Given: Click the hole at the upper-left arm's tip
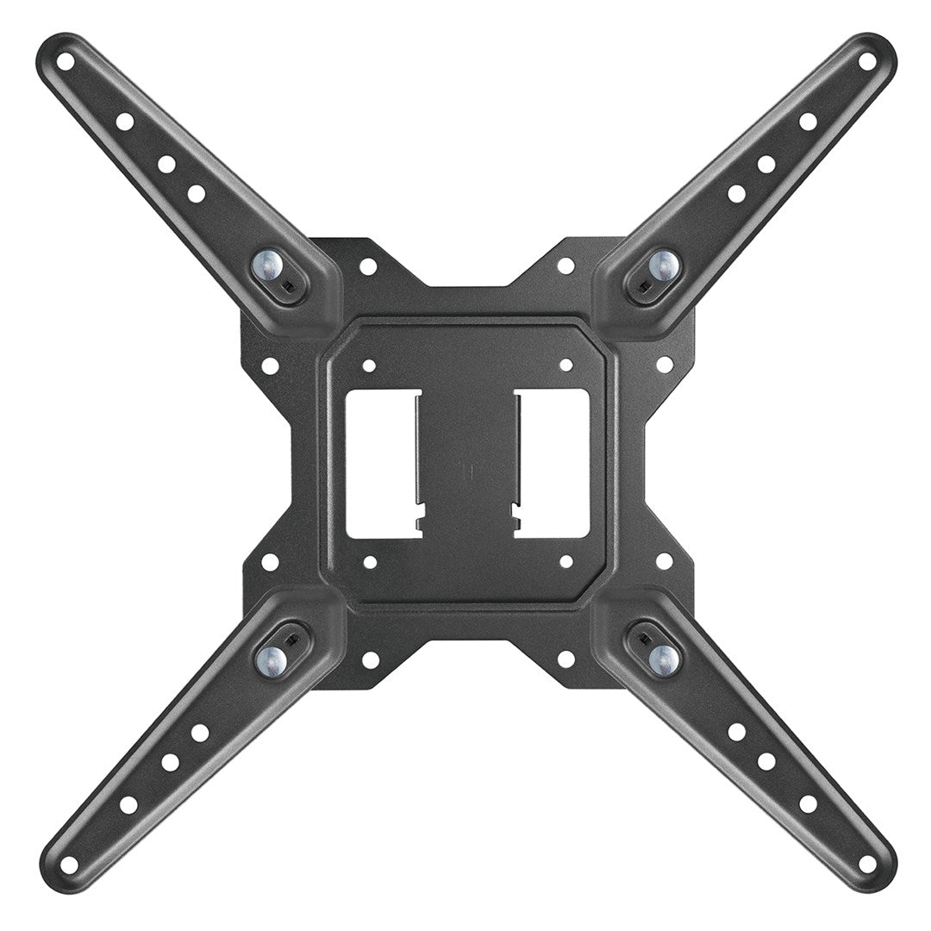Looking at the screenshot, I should [x=66, y=62].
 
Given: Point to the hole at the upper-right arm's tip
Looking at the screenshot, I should [x=866, y=62].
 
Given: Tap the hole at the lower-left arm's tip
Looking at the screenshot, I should [x=69, y=863].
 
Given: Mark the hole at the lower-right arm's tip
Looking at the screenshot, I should [x=866, y=863].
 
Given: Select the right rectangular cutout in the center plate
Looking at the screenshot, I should [x=552, y=463].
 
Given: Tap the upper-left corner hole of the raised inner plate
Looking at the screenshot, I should [x=368, y=366].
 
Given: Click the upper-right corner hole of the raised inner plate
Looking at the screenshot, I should [x=566, y=366].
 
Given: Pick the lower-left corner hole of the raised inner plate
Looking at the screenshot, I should [x=370, y=562].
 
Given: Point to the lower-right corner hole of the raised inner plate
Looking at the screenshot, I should [x=566, y=562].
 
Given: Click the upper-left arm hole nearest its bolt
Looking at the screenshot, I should [x=196, y=193].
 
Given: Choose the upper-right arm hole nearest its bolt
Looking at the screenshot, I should [x=736, y=193].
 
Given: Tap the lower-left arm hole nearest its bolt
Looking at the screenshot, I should [x=200, y=733].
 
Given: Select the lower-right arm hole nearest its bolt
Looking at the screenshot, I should [x=736, y=732].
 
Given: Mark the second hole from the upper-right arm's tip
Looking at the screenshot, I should [x=808, y=122].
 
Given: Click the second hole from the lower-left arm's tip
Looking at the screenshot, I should [x=128, y=804].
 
